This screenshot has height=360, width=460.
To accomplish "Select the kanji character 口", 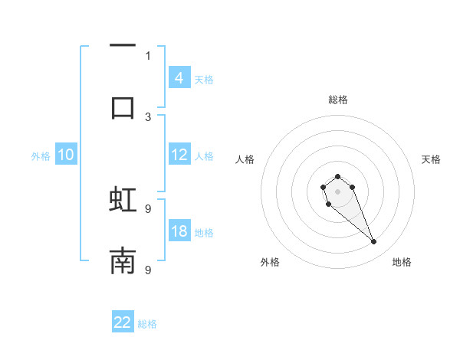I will tap(123, 107).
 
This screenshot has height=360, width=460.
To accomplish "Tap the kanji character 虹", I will tap(123, 200).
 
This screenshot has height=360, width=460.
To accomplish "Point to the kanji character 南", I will tap(123, 261).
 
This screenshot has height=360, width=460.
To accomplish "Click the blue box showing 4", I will tap(179, 78).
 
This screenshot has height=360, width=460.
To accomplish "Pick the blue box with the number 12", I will tap(179, 155).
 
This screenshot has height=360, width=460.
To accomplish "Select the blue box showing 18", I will tap(179, 232).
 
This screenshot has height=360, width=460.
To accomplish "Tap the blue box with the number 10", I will tap(66, 155).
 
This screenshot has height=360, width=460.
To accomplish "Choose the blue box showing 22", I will tap(123, 322).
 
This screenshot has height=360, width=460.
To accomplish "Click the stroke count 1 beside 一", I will tap(148, 55).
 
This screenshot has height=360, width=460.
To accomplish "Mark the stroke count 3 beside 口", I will tap(148, 116).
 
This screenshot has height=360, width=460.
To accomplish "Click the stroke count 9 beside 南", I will tap(148, 270).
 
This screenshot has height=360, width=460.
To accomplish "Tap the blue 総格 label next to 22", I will tap(147, 324).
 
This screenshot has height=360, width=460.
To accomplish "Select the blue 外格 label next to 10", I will tap(41, 156).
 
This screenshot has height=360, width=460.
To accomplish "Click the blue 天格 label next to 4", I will tap(204, 80).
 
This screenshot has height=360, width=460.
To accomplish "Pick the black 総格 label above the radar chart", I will tap(337, 100).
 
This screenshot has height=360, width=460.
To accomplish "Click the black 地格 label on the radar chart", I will tap(402, 262).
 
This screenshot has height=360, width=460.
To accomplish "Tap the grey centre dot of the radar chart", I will tap(337, 191).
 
